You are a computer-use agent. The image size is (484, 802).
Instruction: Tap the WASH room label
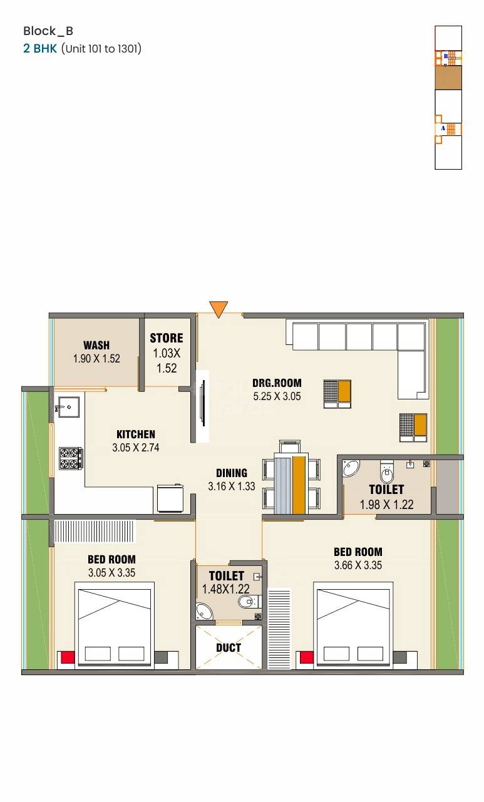pos(96,345)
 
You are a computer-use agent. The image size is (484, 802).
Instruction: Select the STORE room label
pos(167,339)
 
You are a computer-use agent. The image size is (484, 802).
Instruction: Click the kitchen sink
pos(66,407)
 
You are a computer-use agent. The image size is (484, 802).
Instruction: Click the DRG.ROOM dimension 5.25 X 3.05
pos(277,396)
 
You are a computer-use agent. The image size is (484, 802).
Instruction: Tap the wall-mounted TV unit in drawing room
pos(202,407)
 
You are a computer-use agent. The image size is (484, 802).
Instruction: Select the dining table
pos(292,478)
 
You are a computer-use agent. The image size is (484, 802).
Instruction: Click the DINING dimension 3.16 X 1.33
pos(232,486)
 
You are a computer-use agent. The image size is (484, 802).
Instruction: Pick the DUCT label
pos(229,648)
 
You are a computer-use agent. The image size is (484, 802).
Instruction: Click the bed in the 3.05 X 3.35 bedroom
pos(114,625)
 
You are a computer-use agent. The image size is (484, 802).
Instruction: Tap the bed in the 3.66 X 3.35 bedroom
pos(354,625)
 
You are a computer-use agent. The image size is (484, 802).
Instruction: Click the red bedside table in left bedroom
pos(67,657)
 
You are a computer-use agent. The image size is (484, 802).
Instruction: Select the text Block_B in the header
pos(48,31)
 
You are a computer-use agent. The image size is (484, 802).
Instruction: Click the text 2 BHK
pos(40,48)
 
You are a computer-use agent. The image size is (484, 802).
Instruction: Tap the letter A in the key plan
pos(443,128)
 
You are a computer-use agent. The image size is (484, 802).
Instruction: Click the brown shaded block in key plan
pos(448,78)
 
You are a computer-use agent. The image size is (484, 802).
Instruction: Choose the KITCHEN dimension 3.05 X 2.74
pos(136,448)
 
